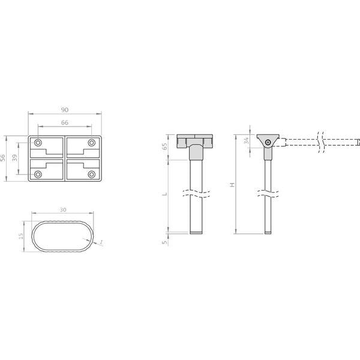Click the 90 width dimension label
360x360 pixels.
point(65,110)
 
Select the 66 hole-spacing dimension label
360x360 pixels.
point(65,122)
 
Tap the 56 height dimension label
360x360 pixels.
point(2,158)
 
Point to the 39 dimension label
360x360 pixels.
point(15,158)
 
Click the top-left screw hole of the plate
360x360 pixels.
point(38,143)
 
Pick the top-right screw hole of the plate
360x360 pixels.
point(92,143)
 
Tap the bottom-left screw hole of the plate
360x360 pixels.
point(38,174)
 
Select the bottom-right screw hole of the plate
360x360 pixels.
point(92,174)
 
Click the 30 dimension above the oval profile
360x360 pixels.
point(63,210)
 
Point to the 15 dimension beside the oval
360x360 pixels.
point(21,236)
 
